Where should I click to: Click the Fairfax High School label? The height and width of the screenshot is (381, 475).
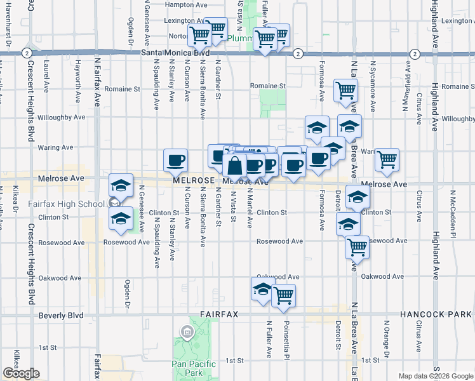67,204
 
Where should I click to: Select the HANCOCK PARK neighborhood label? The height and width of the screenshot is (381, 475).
436,314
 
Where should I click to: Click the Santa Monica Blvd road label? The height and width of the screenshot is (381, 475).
174,53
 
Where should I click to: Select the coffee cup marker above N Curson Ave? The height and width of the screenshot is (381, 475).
175,160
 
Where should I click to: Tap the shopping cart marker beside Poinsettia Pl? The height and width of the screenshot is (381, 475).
283,295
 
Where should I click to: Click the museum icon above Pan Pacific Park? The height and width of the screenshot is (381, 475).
187,331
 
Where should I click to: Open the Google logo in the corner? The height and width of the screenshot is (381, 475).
20,373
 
